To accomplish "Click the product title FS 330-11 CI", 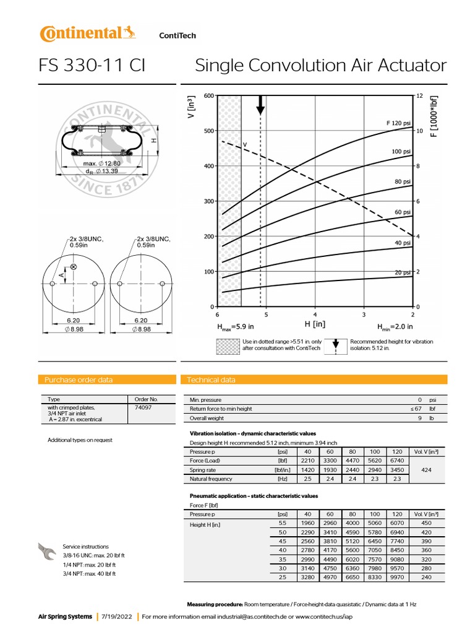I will pos(92,66).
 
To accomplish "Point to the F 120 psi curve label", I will pos(399,123).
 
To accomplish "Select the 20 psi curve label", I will pos(403,272).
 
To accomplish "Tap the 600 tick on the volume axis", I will pos(208,95).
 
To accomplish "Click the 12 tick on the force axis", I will pos(419,95).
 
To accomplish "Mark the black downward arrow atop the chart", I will pos(260,105).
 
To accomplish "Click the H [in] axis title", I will pos(315,324).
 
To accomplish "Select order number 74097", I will pos(142,408).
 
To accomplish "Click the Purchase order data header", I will pos(79,380).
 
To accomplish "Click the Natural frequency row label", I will pos(211,479).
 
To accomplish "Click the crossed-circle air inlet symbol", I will pos(74,266).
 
